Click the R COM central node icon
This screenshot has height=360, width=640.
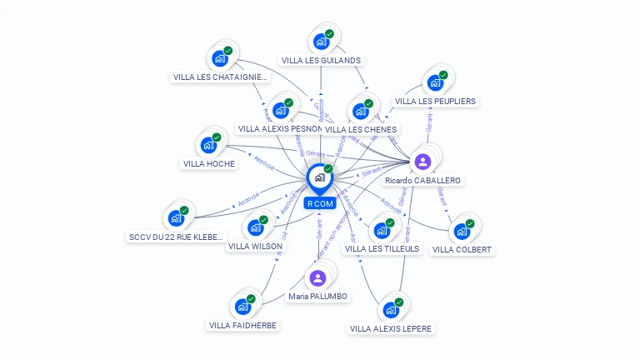[319, 177]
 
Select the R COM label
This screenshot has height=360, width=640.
[320, 203]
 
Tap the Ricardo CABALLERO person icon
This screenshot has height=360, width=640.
[422, 161]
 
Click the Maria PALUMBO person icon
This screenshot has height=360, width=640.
[317, 278]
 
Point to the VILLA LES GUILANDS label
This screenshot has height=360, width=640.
[321, 60]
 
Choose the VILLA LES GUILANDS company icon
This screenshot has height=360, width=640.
[321, 41]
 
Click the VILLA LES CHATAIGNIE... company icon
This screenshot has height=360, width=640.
[220, 58]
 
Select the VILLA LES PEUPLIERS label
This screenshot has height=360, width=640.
[435, 101]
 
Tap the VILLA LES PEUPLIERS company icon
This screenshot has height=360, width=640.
[435, 82]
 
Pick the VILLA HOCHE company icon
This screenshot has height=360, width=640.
[208, 145]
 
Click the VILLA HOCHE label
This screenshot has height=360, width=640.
[209, 163]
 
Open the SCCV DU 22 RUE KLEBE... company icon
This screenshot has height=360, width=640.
[176, 218]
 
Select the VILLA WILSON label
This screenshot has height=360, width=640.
[255, 246]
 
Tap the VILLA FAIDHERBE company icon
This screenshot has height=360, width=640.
[242, 307]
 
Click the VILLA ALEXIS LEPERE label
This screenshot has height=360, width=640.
[391, 328]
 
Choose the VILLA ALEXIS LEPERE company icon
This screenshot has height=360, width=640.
[390, 310]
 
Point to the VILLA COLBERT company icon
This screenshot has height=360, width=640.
[462, 231]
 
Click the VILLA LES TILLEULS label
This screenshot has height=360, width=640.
[382, 248]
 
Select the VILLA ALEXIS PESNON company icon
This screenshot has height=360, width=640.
[281, 110]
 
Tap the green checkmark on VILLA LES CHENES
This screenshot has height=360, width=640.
[368, 104]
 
